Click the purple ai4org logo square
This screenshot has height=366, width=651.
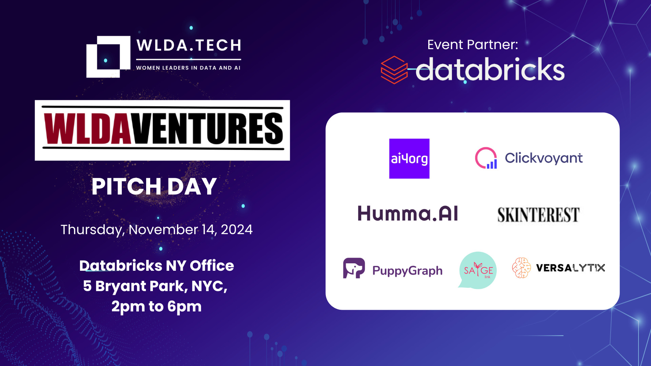(x=409, y=159)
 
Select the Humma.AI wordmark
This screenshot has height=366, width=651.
(x=408, y=213)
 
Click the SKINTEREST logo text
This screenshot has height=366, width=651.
(x=538, y=215)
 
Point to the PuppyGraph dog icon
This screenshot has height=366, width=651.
(x=354, y=268)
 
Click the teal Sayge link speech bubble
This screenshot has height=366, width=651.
(x=478, y=270)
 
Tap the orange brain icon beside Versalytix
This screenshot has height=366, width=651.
(x=521, y=268)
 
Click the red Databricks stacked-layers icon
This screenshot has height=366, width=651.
(x=394, y=70)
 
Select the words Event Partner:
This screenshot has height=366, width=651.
(x=473, y=44)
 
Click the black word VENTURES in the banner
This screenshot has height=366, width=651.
(x=207, y=129)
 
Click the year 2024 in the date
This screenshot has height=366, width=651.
(x=237, y=230)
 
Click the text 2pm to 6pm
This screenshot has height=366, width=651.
(x=157, y=306)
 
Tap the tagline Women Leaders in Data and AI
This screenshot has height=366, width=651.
(x=188, y=68)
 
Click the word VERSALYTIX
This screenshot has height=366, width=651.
(x=570, y=268)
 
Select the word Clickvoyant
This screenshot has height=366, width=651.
(x=544, y=158)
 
